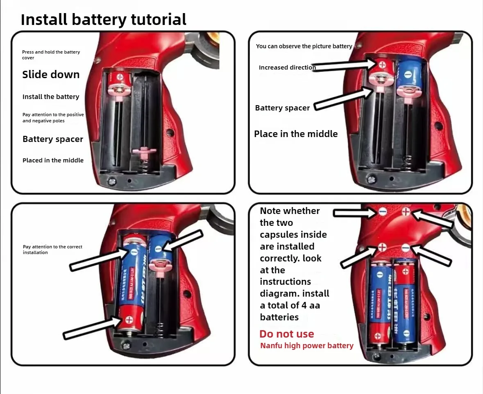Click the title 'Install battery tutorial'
pos(103,19)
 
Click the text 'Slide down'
pos(51,74)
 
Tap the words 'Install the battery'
pos(51,97)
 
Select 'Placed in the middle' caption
pos(53,160)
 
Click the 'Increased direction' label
pos(287,68)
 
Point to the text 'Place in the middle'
pos(296,134)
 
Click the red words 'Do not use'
pos(287,334)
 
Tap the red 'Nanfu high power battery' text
pos(307,346)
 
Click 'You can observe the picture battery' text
pos(304,46)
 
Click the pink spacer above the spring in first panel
pos(143,151)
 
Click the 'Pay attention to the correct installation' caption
pos(52,250)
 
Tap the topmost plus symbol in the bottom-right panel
pos(406,211)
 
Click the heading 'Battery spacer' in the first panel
pos(53,139)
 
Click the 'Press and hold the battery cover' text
pos(51,55)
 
